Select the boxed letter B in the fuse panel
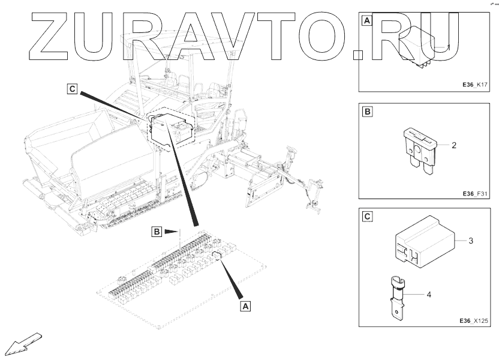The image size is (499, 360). pos(366,111)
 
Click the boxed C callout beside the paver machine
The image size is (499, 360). pos(72,89)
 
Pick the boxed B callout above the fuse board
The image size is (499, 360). pos(156,231)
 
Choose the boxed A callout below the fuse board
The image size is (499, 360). pos(245,305)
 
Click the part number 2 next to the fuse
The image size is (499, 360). pos(454,145)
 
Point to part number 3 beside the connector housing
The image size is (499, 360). pos(471,241)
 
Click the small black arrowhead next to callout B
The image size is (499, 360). pos(173,231)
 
